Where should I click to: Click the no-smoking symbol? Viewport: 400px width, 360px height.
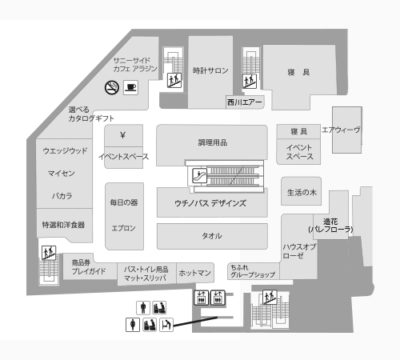click(112, 87)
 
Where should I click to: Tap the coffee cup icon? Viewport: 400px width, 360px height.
click(130, 87)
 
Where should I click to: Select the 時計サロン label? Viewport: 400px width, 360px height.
click(210, 70)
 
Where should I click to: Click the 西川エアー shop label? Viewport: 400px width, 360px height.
click(245, 102)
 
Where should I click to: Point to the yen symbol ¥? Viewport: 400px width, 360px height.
click(122, 135)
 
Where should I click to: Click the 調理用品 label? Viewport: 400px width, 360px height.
click(213, 142)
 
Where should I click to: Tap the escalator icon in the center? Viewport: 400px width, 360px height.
click(200, 176)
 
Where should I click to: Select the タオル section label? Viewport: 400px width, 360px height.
click(212, 236)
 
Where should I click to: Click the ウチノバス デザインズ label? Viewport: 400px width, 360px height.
click(210, 203)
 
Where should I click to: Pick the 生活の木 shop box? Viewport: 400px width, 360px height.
click(302, 191)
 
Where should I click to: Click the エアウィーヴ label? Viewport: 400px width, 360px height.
click(341, 130)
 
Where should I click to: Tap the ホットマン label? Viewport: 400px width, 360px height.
click(195, 273)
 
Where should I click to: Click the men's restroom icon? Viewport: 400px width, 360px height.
click(143, 308)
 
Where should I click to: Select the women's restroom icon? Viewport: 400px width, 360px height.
click(133, 325)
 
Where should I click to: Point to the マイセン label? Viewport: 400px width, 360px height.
click(61, 174)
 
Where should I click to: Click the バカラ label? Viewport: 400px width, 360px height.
click(62, 196)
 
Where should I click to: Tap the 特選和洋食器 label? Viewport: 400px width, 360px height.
click(63, 225)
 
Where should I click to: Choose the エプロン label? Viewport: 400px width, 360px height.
click(123, 228)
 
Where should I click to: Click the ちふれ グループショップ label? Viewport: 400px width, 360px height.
click(253, 271)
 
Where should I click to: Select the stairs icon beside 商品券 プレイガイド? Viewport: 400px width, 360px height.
click(49, 253)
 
